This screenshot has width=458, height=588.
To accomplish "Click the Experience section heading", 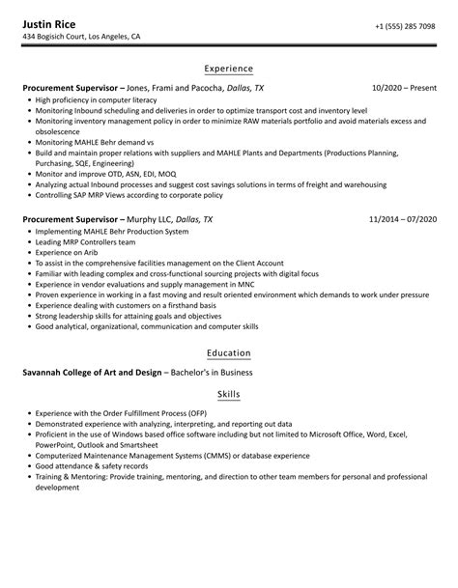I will pyautogui.click(x=229, y=69).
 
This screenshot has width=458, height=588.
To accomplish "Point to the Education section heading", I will pyautogui.click(x=229, y=352).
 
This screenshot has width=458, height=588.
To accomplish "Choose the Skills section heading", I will pyautogui.click(x=229, y=395).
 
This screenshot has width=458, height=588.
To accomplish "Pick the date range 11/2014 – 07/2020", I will pyautogui.click(x=402, y=219).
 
